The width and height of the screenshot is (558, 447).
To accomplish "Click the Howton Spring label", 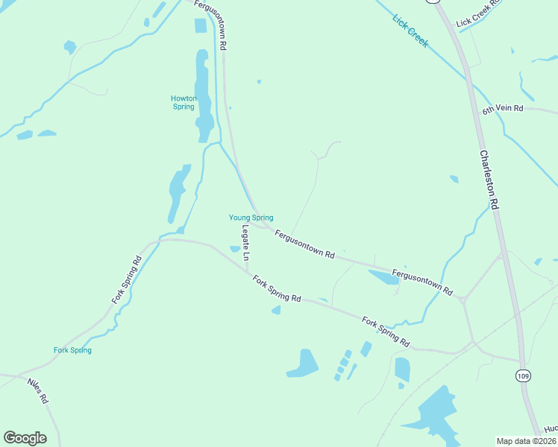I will [x=183, y=102].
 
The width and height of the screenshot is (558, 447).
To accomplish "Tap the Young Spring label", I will [x=251, y=218].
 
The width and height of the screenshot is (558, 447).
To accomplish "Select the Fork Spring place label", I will [x=72, y=350].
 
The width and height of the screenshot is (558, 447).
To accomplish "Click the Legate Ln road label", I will [x=245, y=242].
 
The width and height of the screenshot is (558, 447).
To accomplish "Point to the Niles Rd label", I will [x=38, y=390].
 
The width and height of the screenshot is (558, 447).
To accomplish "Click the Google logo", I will [x=25, y=438].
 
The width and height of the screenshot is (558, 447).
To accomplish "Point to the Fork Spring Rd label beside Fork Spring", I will [x=127, y=280].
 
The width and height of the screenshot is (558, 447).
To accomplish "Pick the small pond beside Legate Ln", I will [x=235, y=249].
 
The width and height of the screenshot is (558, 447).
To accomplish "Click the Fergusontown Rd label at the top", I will [x=210, y=25].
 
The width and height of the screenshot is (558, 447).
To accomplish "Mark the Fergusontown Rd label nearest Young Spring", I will [x=304, y=244].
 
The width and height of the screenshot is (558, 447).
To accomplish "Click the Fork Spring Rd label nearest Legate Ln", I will [x=276, y=289].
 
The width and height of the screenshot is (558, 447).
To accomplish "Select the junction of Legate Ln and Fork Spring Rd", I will [x=248, y=270].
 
